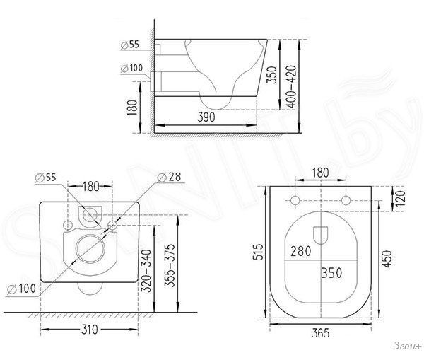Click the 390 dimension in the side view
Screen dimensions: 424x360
tap(206, 117)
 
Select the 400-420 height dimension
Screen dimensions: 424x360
tap(291, 86)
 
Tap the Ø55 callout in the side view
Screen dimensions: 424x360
tap(130, 45)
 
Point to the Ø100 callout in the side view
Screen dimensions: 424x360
tap(131, 68)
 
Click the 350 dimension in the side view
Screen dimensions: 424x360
tap(272, 75)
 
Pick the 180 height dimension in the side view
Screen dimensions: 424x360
tap(132, 108)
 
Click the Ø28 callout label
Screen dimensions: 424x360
tap(170, 178)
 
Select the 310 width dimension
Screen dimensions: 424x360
tap(90, 330)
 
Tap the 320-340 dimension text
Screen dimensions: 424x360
tap(146, 271)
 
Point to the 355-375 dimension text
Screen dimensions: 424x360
tap(170, 265)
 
